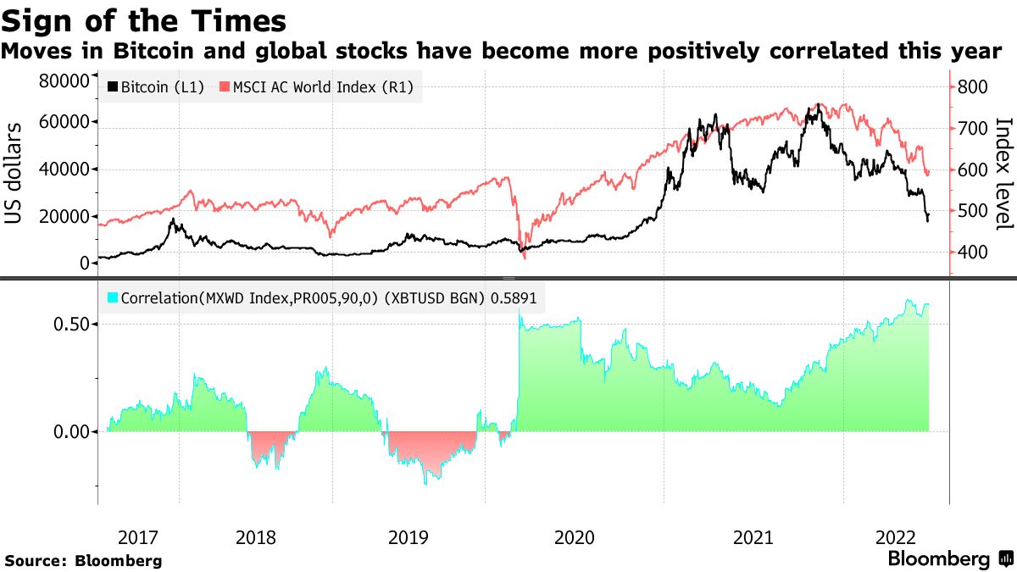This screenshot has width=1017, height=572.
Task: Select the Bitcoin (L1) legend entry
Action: pos(156,87)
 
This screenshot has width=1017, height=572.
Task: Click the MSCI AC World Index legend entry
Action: pos(317,87)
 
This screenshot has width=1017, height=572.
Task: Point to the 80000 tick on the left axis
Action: pos(64,81)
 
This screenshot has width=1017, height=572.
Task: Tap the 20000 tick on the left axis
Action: pos(64,217)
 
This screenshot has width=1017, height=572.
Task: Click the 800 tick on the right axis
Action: pos(972,87)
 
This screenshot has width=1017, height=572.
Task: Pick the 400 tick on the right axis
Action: pos(972,252)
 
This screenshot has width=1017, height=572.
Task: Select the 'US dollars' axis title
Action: pos(14,173)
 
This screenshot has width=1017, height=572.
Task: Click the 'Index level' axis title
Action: pos(1003,173)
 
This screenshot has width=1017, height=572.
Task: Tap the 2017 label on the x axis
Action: pos(138,537)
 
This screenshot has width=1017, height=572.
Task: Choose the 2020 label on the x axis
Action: pos(575,537)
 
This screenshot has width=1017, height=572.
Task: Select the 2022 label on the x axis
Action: pos(895,537)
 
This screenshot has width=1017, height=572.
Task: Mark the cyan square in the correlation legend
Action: pos(113,298)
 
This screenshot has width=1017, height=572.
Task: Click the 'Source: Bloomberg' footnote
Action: pos(83,560)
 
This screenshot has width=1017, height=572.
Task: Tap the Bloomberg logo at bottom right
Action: pos(949,559)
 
